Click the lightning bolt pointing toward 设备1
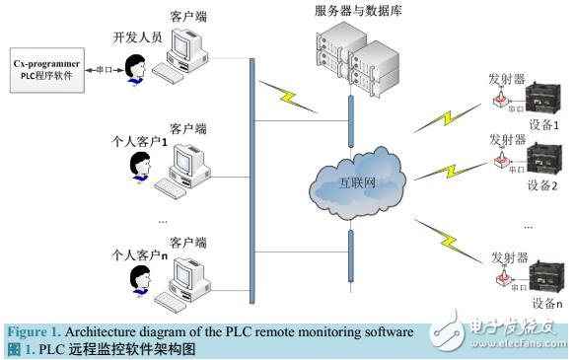point(439,119)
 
